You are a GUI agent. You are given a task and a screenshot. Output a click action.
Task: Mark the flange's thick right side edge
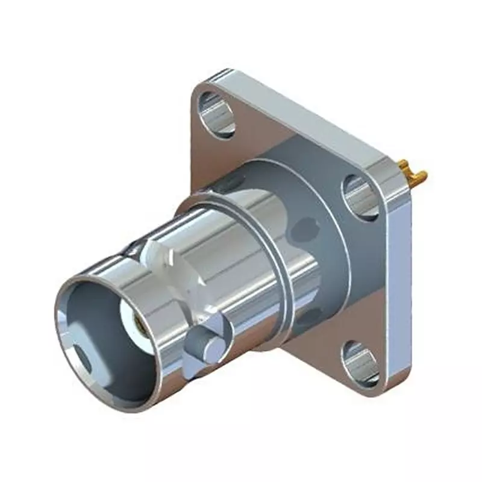pyautogui.click(x=398, y=283)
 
